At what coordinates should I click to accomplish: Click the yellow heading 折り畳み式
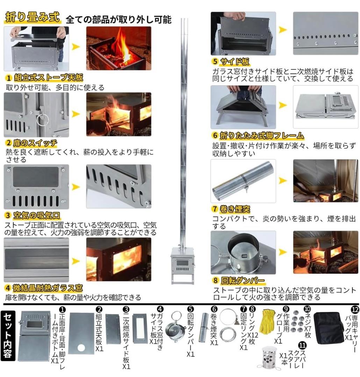[32, 18]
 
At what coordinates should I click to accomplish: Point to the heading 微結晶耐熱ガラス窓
[48, 288]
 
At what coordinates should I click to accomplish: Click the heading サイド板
[235, 62]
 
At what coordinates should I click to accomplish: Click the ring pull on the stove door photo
[43, 120]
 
